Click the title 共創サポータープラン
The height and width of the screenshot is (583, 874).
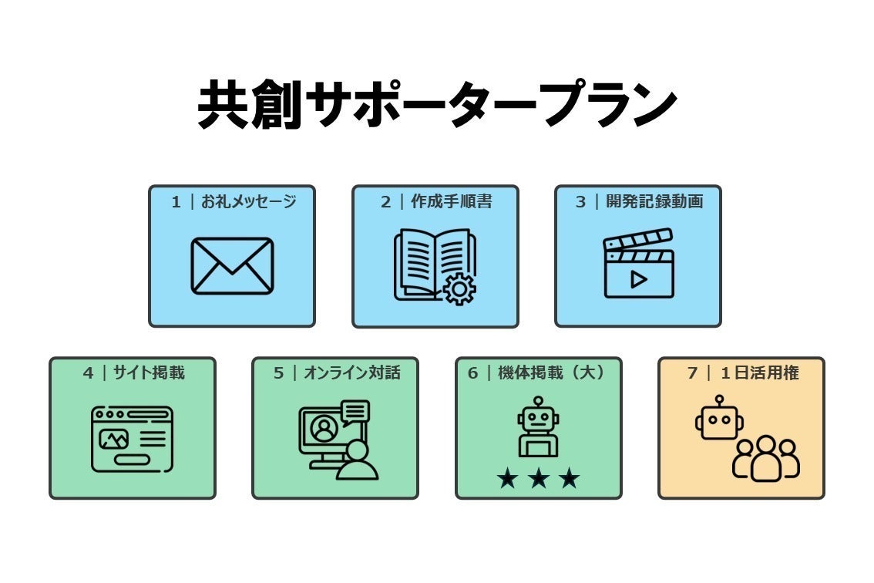click(438, 104)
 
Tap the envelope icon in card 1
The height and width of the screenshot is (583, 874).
click(232, 265)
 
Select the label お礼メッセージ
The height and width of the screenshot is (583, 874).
click(249, 201)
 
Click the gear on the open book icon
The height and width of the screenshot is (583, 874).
click(459, 288)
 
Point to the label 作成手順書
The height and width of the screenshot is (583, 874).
click(452, 201)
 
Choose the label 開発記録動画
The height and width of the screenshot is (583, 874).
click(654, 201)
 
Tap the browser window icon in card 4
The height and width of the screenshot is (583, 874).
click(132, 439)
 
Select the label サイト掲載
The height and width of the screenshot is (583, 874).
click(148, 372)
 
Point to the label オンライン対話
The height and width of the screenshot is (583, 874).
click(351, 372)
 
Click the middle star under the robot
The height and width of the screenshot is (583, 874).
click(539, 478)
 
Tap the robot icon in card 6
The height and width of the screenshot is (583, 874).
click(538, 426)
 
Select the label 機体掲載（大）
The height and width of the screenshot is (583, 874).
click(551, 372)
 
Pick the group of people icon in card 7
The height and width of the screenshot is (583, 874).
click(766, 458)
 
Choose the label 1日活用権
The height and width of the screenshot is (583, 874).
click(759, 372)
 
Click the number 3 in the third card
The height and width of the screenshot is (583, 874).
click(581, 202)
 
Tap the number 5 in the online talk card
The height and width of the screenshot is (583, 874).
click(279, 373)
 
